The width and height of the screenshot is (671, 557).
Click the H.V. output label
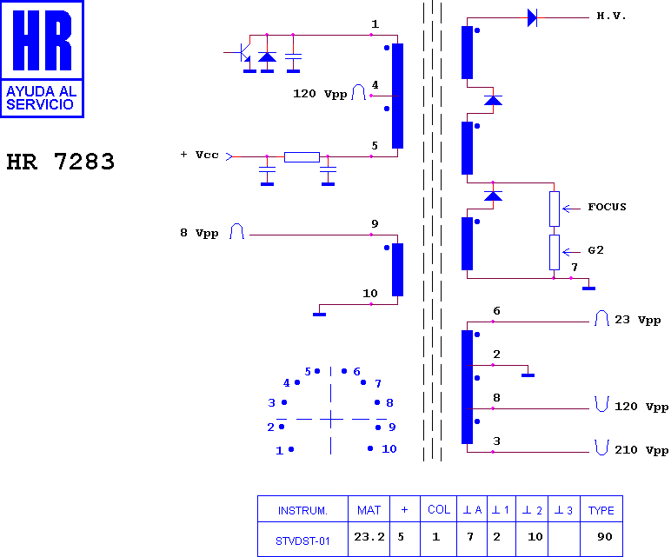pyautogui.click(x=611, y=17)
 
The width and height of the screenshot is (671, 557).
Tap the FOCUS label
pyautogui.click(x=607, y=207)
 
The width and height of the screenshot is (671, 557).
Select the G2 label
pyautogui.click(x=595, y=250)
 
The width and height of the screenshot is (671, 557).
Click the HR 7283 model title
pyautogui.click(x=60, y=162)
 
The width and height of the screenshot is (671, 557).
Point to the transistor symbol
pyautogui.click(x=242, y=53)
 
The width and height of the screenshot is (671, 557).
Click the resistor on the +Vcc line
pyautogui.click(x=302, y=157)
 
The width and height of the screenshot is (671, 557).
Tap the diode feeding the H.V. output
pyautogui.click(x=532, y=18)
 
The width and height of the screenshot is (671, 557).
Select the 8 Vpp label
pyautogui.click(x=199, y=233)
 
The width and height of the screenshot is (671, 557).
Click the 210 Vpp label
pyautogui.click(x=641, y=450)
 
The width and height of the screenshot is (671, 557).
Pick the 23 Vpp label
pyautogui.click(x=638, y=320)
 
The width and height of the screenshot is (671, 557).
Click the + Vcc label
pyautogui.click(x=199, y=155)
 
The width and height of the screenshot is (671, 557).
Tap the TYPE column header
pyautogui.click(x=601, y=510)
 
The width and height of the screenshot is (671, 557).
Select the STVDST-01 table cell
pyautogui.click(x=302, y=541)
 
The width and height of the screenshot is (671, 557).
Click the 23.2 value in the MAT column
pyautogui.click(x=369, y=536)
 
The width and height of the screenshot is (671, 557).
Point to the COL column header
pyautogui.click(x=439, y=509)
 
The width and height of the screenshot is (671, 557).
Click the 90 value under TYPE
pyautogui.click(x=605, y=536)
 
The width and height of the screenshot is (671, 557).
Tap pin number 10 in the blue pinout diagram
pyautogui.click(x=389, y=448)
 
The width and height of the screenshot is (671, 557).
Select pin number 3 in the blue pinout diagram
pyautogui.click(x=272, y=402)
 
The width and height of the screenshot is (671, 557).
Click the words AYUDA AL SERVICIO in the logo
pyautogui.click(x=41, y=98)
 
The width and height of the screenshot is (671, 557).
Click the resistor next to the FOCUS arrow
pyautogui.click(x=555, y=209)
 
